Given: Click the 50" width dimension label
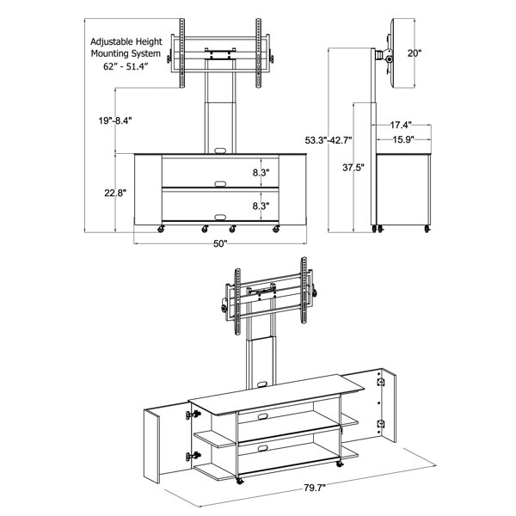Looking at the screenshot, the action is click(x=220, y=244).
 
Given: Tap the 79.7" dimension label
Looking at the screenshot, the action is click(x=314, y=488).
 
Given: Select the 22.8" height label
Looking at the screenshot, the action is click(x=115, y=193).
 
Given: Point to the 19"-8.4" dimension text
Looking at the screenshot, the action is click(x=115, y=120).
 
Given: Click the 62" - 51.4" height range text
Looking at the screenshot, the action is click(x=126, y=66).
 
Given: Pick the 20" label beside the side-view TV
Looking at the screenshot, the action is click(x=415, y=53).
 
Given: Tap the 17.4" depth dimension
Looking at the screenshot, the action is click(x=401, y=125).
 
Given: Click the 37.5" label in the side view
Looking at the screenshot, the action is click(x=353, y=168).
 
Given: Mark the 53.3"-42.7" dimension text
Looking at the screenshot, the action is click(x=329, y=140).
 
